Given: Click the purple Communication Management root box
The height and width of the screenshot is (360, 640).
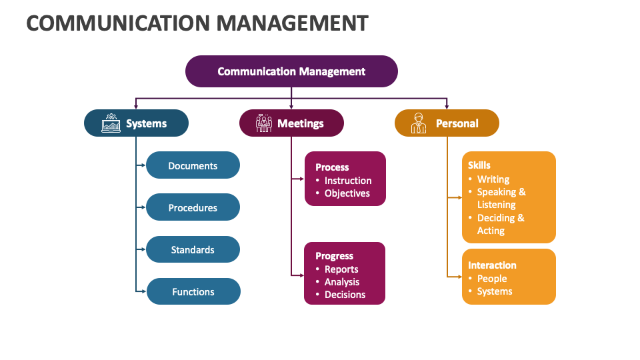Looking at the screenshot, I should (x=291, y=71).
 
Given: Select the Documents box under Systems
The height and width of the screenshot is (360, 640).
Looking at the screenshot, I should (x=193, y=165).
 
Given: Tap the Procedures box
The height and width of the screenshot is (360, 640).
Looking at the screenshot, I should (x=193, y=207).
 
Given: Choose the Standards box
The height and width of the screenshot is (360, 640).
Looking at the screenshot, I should (x=193, y=249).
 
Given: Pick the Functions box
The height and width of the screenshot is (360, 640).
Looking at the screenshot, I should (x=193, y=291).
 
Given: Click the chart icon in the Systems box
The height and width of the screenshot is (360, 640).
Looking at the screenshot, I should (x=111, y=123).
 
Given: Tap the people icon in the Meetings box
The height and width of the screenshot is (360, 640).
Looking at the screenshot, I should (x=264, y=123).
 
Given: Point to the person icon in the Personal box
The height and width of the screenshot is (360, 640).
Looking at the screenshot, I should (x=419, y=123).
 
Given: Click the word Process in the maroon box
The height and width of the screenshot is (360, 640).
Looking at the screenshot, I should (x=332, y=167).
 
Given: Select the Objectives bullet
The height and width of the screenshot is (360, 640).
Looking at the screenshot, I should (x=347, y=193).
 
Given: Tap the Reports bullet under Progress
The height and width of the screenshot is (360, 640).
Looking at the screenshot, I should (x=341, y=269).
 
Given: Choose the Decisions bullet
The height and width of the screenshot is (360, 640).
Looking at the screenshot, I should (x=345, y=295).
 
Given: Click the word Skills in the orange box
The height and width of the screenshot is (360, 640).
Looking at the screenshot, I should (x=479, y=165).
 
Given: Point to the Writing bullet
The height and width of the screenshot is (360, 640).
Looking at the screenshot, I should (x=493, y=179).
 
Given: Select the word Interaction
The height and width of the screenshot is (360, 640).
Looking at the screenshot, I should (x=492, y=265).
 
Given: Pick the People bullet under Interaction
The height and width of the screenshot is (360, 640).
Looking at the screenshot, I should (x=492, y=279).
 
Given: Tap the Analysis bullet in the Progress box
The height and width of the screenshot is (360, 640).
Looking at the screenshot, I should (x=342, y=282).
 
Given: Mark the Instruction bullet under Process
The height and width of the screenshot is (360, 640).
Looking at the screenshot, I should (x=348, y=181).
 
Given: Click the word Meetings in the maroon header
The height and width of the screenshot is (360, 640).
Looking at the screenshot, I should (x=301, y=123).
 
